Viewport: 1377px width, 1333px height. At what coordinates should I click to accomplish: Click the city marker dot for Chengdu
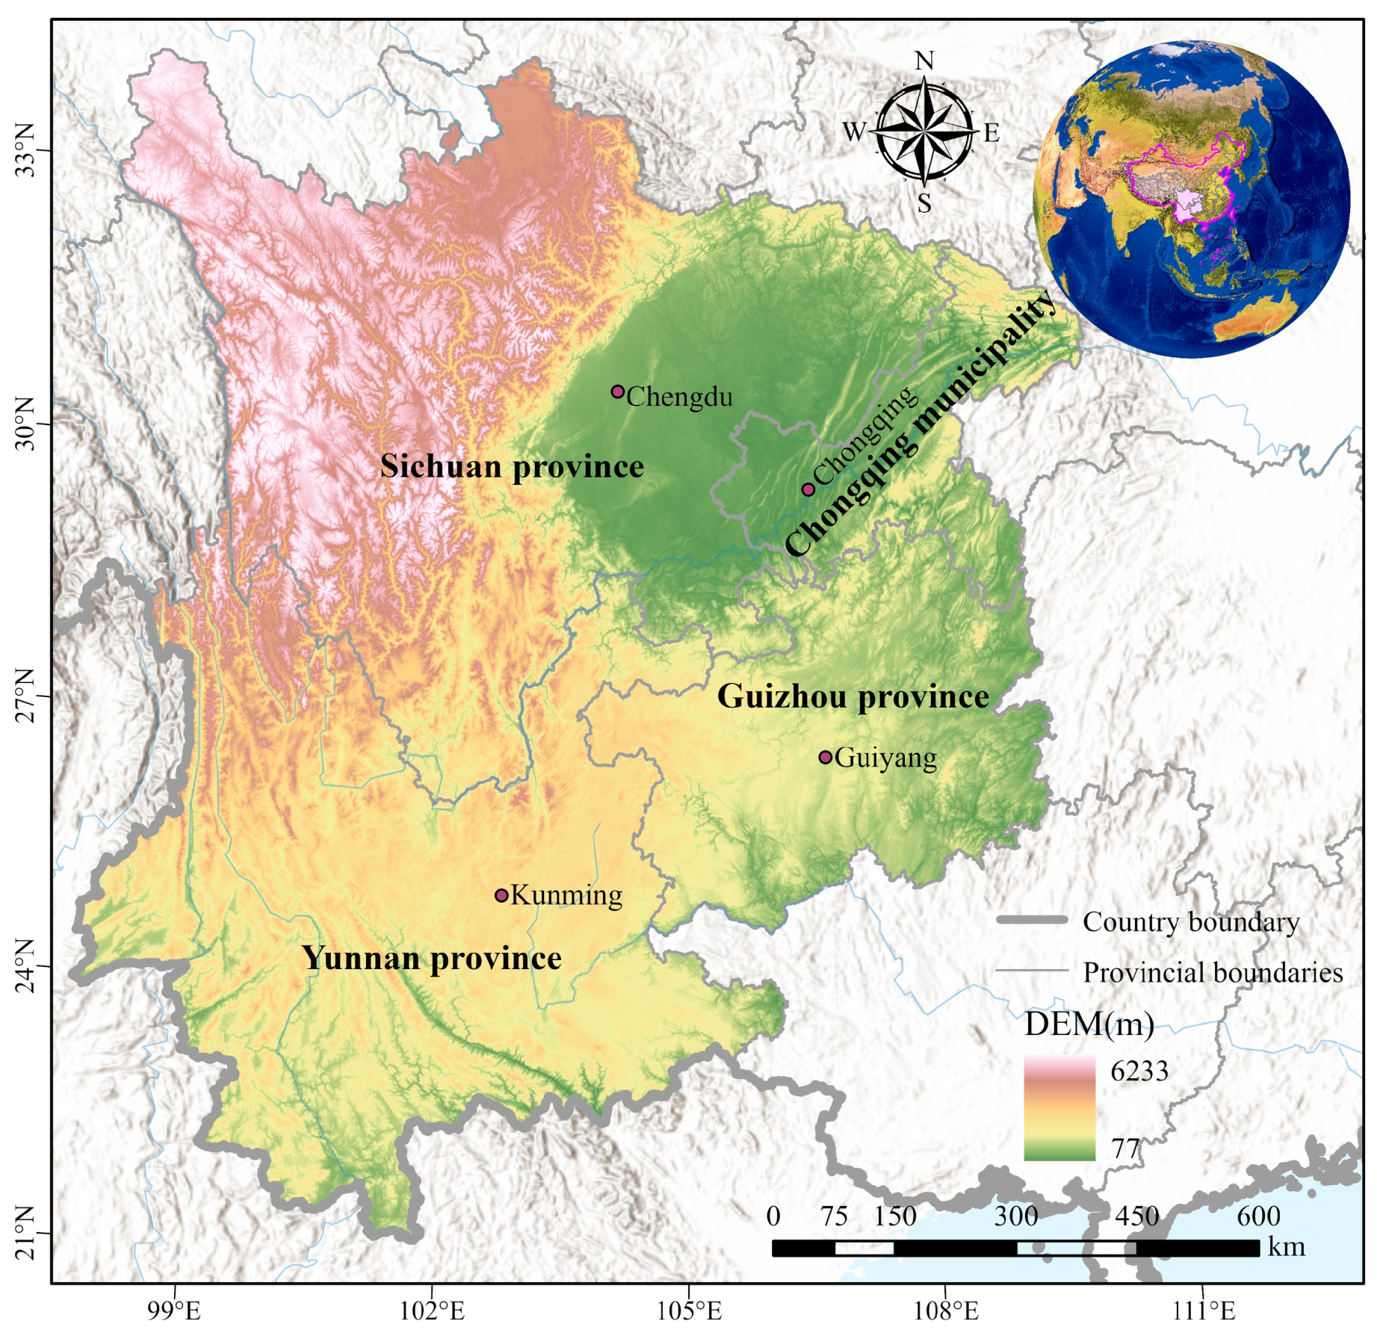click(x=617, y=392)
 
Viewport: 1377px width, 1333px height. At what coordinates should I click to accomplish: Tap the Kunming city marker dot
click(x=501, y=895)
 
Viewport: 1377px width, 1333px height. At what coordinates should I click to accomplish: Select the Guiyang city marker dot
click(x=825, y=757)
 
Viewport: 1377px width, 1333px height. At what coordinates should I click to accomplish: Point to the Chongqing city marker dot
click(x=808, y=489)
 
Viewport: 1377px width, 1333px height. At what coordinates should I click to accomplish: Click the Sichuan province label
click(x=512, y=466)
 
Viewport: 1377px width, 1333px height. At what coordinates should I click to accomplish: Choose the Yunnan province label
click(x=432, y=958)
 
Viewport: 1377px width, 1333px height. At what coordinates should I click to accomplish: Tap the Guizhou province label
click(x=853, y=696)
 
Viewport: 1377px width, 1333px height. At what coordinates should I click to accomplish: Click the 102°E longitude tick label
click(x=432, y=1311)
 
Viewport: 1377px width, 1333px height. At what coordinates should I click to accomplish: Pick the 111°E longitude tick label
click(x=1203, y=1311)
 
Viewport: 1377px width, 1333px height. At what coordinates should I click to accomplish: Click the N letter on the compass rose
click(x=924, y=61)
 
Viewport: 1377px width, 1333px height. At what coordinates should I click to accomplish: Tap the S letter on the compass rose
click(x=924, y=202)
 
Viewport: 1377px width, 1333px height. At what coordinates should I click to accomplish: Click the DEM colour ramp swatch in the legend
click(x=1059, y=1108)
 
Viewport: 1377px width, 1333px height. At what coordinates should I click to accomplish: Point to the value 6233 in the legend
click(x=1139, y=1071)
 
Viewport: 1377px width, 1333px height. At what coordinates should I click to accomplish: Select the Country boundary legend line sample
click(x=1032, y=920)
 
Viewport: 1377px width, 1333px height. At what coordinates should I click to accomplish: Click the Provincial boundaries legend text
click(x=1213, y=972)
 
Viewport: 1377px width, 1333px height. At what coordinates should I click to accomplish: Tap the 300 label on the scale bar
click(x=1015, y=1216)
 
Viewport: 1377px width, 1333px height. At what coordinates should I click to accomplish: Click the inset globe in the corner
click(x=1191, y=200)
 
